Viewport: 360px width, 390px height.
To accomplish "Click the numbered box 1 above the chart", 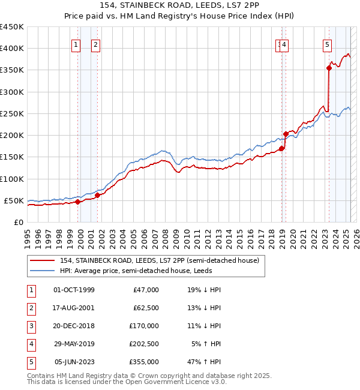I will pos(76,44).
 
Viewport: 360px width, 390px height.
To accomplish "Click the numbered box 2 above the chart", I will pos(96,44).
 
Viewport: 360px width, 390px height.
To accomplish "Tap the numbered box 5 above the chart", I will pos(327,44).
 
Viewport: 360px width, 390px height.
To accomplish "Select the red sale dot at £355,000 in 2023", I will pos(329,68).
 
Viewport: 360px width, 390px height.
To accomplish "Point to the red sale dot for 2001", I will pos(97,195).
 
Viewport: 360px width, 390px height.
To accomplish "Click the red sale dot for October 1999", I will pos(77,202).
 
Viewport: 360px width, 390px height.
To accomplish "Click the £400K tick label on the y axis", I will pos(12,49).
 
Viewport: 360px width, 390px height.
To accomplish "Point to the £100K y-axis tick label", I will pos(12,179).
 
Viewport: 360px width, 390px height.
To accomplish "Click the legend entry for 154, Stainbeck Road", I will pos(159,260).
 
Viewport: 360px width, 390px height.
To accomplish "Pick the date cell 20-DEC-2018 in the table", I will pos(74,326).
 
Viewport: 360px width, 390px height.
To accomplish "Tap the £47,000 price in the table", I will pos(145,290).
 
